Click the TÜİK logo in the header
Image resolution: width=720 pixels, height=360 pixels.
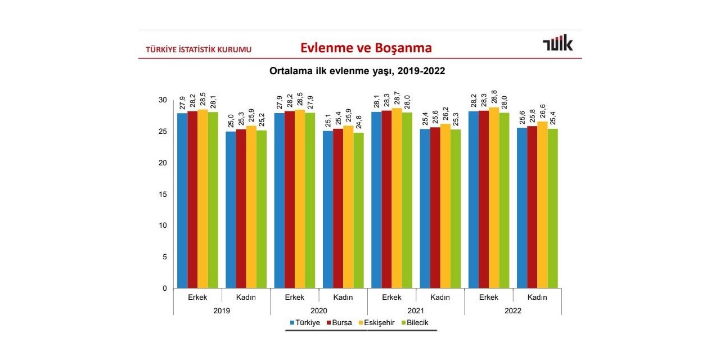[x=557, y=44]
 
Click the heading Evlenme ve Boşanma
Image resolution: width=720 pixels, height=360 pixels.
[x=366, y=48]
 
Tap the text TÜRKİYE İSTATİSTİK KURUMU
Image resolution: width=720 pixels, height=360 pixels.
[x=199, y=49]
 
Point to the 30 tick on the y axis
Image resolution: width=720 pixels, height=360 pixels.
[x=163, y=100]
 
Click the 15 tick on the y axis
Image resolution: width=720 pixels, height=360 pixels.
[x=163, y=194]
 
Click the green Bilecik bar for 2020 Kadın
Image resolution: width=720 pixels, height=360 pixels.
[x=358, y=210]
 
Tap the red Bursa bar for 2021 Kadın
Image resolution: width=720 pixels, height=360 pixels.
[x=435, y=208]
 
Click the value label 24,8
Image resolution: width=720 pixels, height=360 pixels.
[x=359, y=123]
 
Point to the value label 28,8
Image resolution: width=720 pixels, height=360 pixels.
[x=494, y=97]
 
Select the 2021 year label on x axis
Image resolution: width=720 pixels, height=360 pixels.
[x=416, y=310]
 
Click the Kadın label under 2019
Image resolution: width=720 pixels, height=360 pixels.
[x=246, y=297]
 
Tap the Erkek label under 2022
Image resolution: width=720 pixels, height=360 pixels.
[x=489, y=297]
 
